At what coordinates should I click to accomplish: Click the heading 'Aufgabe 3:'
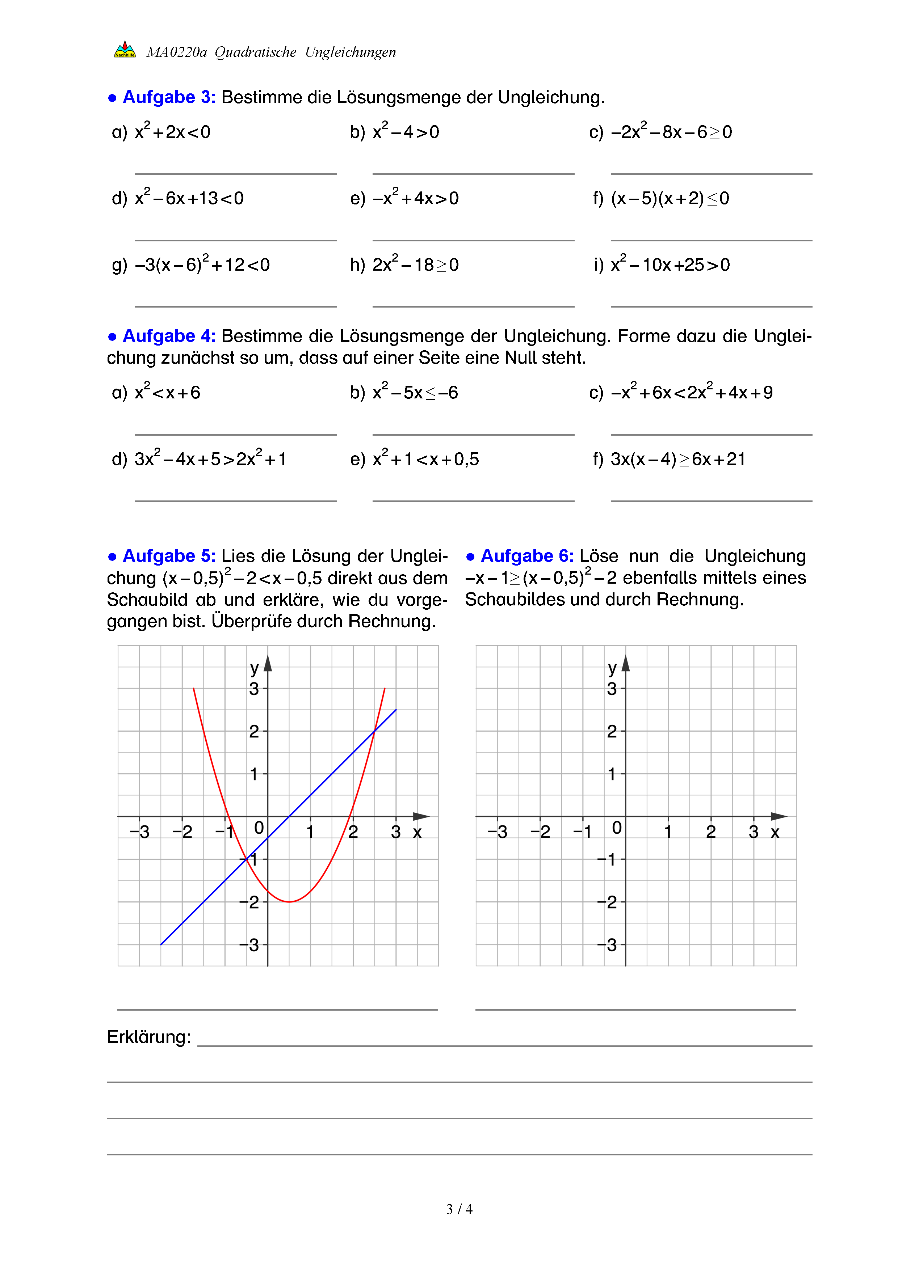(x=169, y=97)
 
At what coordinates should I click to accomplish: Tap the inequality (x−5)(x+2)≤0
(x=670, y=198)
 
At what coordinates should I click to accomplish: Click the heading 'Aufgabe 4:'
(x=169, y=336)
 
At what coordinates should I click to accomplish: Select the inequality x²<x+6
(x=167, y=392)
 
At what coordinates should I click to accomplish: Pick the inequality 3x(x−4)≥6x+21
(x=677, y=459)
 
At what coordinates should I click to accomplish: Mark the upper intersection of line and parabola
(x=375, y=731)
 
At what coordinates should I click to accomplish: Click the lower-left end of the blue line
(x=161, y=944)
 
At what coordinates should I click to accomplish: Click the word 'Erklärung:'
(x=149, y=1036)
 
